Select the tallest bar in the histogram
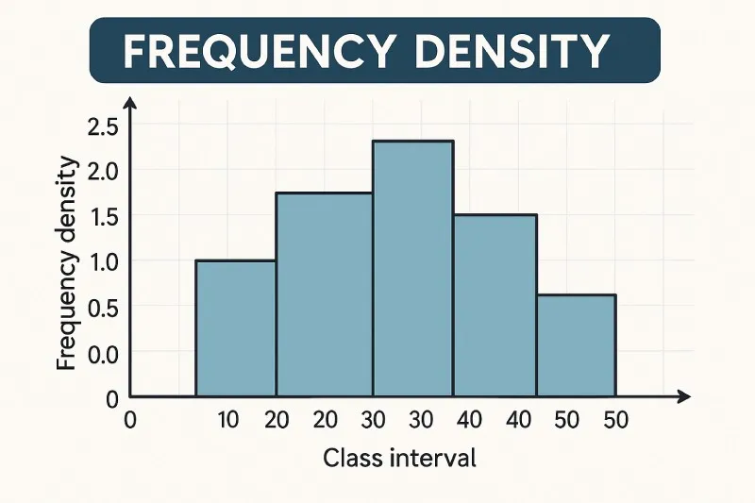click(413, 269)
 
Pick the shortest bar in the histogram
click(576, 345)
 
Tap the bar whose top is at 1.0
click(235, 328)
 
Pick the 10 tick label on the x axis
click(228, 421)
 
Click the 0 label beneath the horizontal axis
click(131, 421)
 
